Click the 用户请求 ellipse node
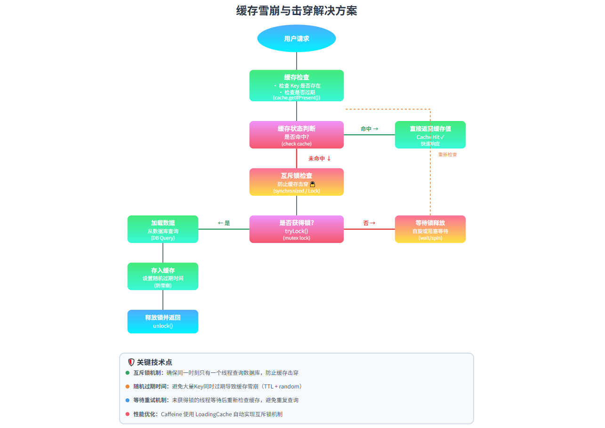296,39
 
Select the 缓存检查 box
296,86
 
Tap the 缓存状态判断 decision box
296,135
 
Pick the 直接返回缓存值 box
430,135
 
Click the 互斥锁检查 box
296,182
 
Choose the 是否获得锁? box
296,229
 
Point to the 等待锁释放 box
430,229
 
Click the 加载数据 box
162,229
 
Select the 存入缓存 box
162,276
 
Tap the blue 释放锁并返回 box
162,321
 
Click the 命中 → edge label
369,129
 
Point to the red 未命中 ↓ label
320,159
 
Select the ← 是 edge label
224,223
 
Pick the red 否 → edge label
369,223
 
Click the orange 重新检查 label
447,154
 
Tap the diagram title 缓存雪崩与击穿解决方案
296,11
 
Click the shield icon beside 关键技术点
131,362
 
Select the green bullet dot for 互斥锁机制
127,372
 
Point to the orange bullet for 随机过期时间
127,387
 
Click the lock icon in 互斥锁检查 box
312,184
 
